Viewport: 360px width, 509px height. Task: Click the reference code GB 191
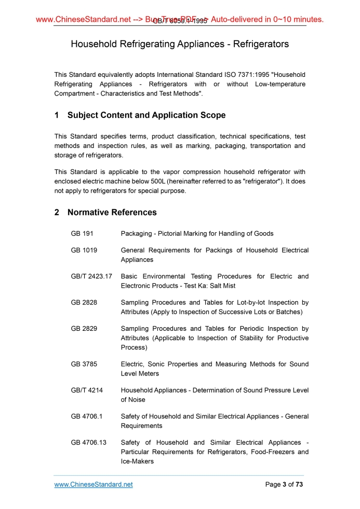point(82,233)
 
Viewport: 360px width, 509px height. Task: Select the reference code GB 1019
point(84,250)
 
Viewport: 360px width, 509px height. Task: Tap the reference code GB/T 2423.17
point(91,276)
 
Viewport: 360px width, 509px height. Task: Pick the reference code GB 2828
point(84,302)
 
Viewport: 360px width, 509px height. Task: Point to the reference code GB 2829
point(84,328)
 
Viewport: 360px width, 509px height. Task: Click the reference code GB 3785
point(84,364)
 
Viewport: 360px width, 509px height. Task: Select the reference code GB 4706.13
point(88,442)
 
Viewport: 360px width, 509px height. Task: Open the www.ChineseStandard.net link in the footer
point(94,485)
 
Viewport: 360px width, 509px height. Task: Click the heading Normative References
point(112,212)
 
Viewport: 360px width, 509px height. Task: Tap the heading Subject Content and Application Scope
point(146,115)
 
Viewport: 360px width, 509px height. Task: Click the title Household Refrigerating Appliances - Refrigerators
point(180,44)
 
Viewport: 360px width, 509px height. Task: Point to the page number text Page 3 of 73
point(284,485)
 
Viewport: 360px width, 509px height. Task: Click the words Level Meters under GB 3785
point(140,373)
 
